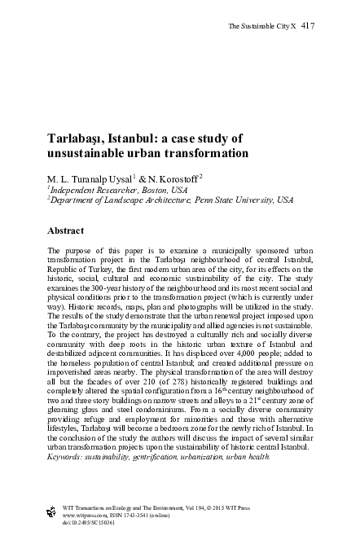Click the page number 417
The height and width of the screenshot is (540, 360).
point(308,26)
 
